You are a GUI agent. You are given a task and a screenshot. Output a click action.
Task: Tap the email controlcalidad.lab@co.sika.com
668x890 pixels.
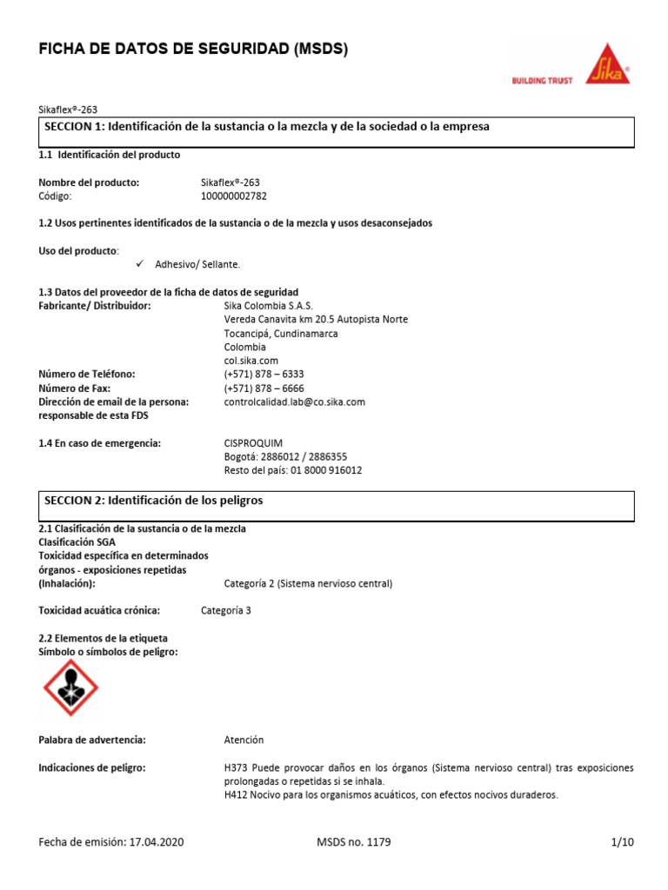(294, 402)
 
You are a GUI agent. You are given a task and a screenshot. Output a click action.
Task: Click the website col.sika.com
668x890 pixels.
(250, 361)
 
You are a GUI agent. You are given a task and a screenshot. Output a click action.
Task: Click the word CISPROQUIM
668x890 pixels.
(253, 443)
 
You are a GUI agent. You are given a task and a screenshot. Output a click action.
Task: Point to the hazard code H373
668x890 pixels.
(237, 768)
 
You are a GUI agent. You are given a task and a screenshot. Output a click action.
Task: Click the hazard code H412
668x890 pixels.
(237, 795)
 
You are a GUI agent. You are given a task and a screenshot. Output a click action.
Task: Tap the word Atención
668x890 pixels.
(244, 740)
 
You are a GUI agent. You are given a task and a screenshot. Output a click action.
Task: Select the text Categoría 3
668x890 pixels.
(225, 610)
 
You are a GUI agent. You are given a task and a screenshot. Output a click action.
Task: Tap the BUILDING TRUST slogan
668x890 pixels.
(541, 81)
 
